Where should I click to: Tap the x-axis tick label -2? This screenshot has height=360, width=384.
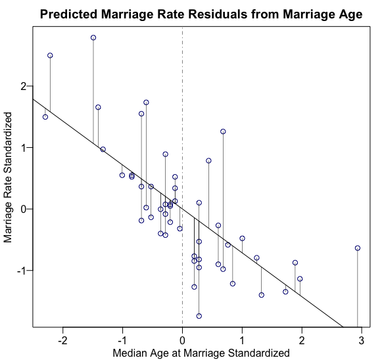62,340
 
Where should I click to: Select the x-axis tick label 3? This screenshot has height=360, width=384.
362,340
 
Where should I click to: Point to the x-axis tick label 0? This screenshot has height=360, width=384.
182,340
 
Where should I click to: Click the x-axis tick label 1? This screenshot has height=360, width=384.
242,340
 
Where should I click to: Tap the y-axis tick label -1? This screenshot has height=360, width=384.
21,271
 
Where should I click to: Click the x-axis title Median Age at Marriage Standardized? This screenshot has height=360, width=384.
200,353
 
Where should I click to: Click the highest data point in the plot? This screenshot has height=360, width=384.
93,37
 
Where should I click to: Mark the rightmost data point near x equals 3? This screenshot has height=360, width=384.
358,248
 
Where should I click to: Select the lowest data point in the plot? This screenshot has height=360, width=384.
199,316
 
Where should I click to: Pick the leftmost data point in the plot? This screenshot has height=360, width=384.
45,117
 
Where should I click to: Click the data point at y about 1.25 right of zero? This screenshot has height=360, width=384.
223,131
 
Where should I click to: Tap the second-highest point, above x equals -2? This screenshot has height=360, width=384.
50,56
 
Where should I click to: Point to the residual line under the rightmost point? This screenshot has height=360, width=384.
358,289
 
